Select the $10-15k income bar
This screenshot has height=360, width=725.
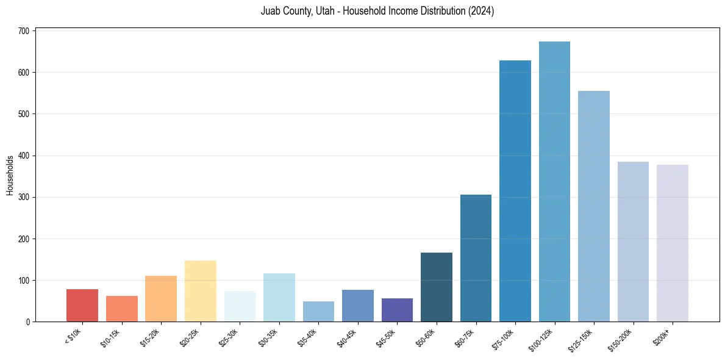pyautogui.click(x=122, y=309)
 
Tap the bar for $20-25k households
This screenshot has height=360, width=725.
pyautogui.click(x=201, y=291)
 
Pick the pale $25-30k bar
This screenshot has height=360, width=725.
pyautogui.click(x=240, y=306)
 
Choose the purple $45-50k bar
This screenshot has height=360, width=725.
pyautogui.click(x=397, y=310)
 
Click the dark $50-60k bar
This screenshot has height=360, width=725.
pyautogui.click(x=437, y=287)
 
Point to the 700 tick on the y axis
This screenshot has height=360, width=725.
pyautogui.click(x=26, y=31)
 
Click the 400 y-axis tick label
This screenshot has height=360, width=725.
pyautogui.click(x=26, y=156)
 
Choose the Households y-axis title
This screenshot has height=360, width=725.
pyautogui.click(x=10, y=175)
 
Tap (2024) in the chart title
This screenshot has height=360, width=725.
pyautogui.click(x=480, y=12)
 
